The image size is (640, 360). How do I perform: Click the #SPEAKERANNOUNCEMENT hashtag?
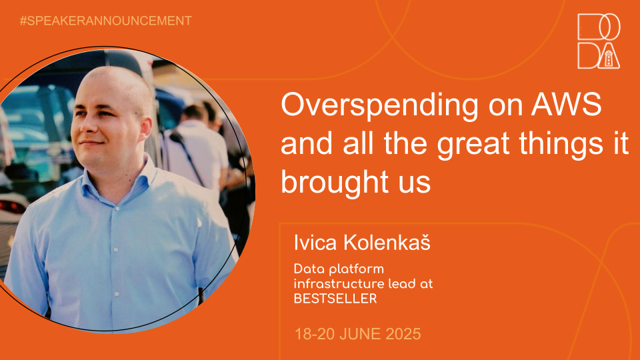point(106,21)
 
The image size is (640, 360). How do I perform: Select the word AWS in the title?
point(567,105)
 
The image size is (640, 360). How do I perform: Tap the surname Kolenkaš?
point(387,242)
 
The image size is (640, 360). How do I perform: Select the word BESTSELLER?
point(335,299)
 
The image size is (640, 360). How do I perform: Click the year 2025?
point(403,334)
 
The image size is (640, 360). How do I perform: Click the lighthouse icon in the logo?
point(609,59)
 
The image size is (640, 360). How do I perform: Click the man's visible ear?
point(145,128)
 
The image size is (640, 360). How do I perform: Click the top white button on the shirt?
point(117,208)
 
